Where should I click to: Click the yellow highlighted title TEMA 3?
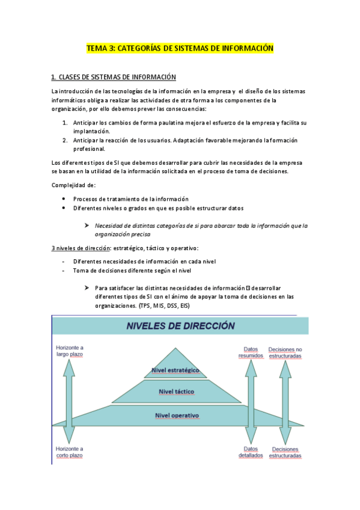180,48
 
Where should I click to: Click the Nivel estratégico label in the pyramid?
176,369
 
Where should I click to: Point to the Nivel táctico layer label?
176,392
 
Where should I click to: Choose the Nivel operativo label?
176,415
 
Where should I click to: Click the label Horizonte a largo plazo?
70,351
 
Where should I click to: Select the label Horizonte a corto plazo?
70,452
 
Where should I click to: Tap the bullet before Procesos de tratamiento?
64,199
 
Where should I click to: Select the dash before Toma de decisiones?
64,270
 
